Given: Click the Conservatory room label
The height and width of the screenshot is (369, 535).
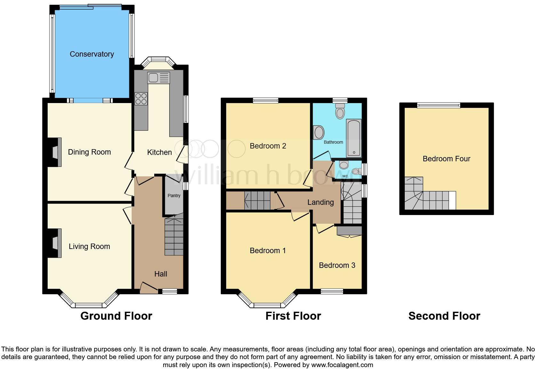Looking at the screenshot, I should (92, 54).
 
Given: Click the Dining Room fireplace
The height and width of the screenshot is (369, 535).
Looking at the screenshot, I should (55, 152).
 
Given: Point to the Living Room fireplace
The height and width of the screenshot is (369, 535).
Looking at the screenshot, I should (55, 243).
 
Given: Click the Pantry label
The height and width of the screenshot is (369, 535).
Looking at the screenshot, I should (174, 196).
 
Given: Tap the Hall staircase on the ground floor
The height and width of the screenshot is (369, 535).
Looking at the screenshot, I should (174, 237).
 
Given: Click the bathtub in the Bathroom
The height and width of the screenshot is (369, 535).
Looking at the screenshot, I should (354, 138).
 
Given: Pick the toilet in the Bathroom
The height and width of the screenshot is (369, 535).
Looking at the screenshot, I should (340, 111).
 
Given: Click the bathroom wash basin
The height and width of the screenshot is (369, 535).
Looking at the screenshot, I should (319, 132).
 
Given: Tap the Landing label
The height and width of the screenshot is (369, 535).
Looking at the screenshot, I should (320, 202).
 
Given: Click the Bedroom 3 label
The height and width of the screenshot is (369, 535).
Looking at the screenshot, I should (337, 265).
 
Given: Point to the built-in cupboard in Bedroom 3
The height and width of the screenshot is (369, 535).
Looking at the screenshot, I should (349, 231).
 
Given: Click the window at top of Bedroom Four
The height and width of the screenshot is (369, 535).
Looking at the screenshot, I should (438, 105).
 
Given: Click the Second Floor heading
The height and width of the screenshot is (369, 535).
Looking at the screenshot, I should (444, 316).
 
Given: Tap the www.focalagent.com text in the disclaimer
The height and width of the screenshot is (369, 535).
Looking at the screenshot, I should (342, 365).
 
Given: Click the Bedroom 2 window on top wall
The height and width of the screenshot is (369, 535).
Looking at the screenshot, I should (265, 100).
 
